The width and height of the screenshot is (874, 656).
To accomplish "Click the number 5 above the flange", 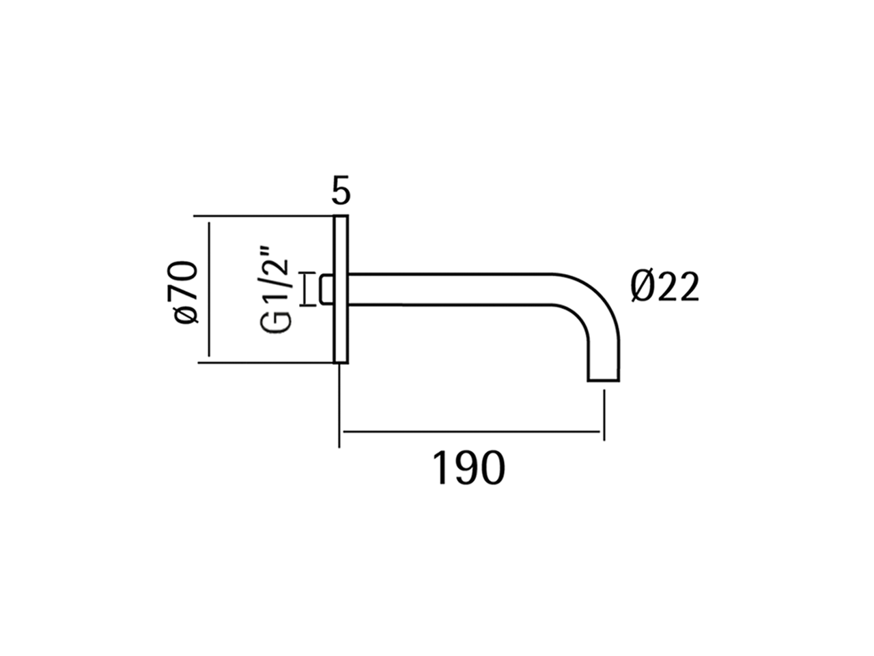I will pos(341,191).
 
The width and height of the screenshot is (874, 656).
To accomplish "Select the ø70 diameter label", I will pos(185,290).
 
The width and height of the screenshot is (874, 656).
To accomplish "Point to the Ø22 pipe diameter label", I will pos(664,288).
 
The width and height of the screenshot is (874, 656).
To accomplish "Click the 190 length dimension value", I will pos(470,468).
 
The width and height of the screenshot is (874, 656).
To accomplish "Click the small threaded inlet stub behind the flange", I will pos(326,289).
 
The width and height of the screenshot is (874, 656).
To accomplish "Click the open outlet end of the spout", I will pos(604,378).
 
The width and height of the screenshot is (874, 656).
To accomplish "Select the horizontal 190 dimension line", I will pos(471,432).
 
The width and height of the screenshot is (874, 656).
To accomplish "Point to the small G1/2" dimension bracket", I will pos(307,289).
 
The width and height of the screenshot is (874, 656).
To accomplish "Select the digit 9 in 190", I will pos(469,468).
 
